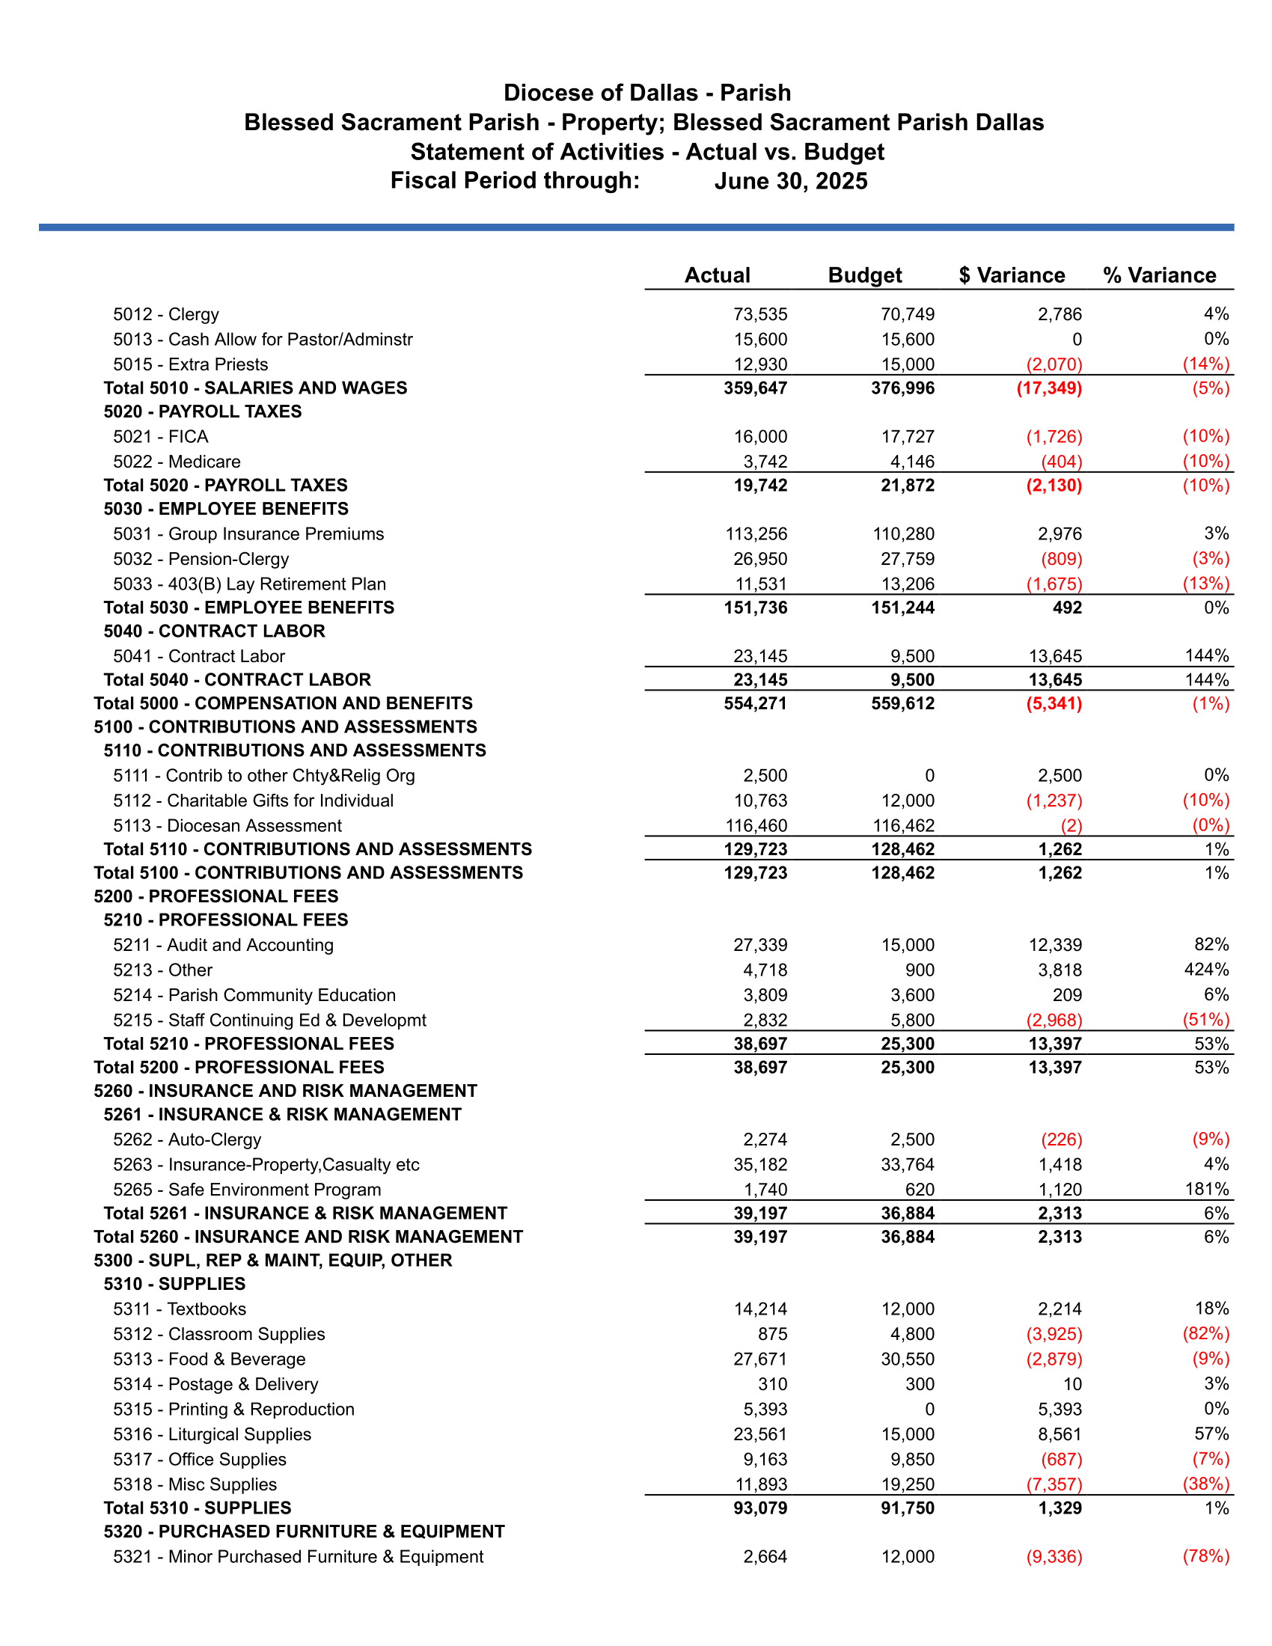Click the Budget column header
[x=864, y=275]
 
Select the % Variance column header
[x=1159, y=275]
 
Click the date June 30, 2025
[x=790, y=181]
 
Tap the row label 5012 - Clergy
[x=166, y=314]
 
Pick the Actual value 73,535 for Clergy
[x=759, y=314]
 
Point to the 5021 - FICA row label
[x=161, y=436]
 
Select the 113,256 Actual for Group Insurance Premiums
[x=756, y=533]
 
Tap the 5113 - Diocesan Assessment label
[x=227, y=825]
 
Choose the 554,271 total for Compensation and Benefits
[x=755, y=703]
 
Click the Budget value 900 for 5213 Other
[x=919, y=970]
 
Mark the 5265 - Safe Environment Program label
[x=246, y=1190]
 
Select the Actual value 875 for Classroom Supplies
[x=772, y=1334]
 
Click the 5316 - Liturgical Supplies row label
[x=212, y=1434]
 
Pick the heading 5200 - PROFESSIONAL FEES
[x=215, y=896]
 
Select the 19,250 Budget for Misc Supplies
[x=908, y=1484]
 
